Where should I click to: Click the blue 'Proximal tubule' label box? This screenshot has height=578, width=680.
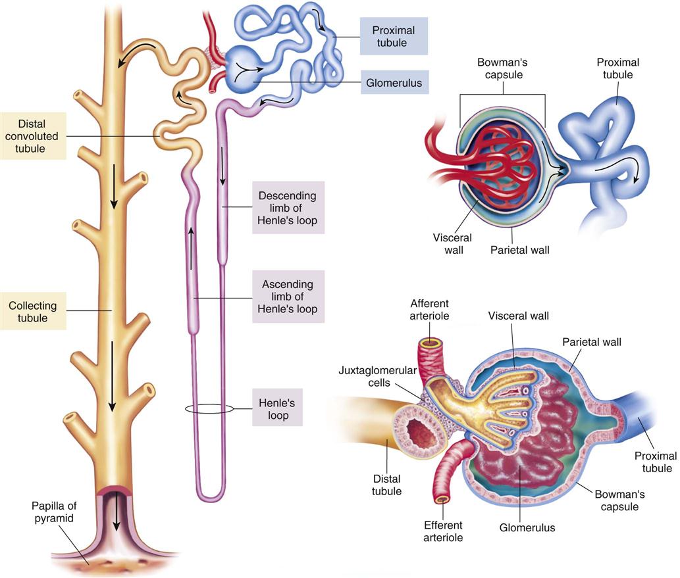(x=394, y=36)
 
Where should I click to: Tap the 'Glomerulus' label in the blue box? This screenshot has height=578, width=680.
(x=394, y=83)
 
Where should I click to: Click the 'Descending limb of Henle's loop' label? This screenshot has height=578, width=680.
(x=288, y=207)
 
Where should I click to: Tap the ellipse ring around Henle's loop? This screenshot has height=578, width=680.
(x=209, y=409)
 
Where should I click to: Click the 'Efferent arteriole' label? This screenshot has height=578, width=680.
(x=443, y=531)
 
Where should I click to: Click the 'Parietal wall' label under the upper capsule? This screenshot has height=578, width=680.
(x=520, y=249)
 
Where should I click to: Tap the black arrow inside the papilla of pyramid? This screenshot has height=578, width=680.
(x=117, y=514)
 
